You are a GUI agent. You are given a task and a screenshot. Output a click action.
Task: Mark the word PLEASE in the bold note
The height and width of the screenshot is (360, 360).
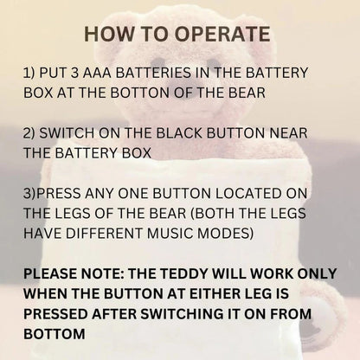coord(54,275)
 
